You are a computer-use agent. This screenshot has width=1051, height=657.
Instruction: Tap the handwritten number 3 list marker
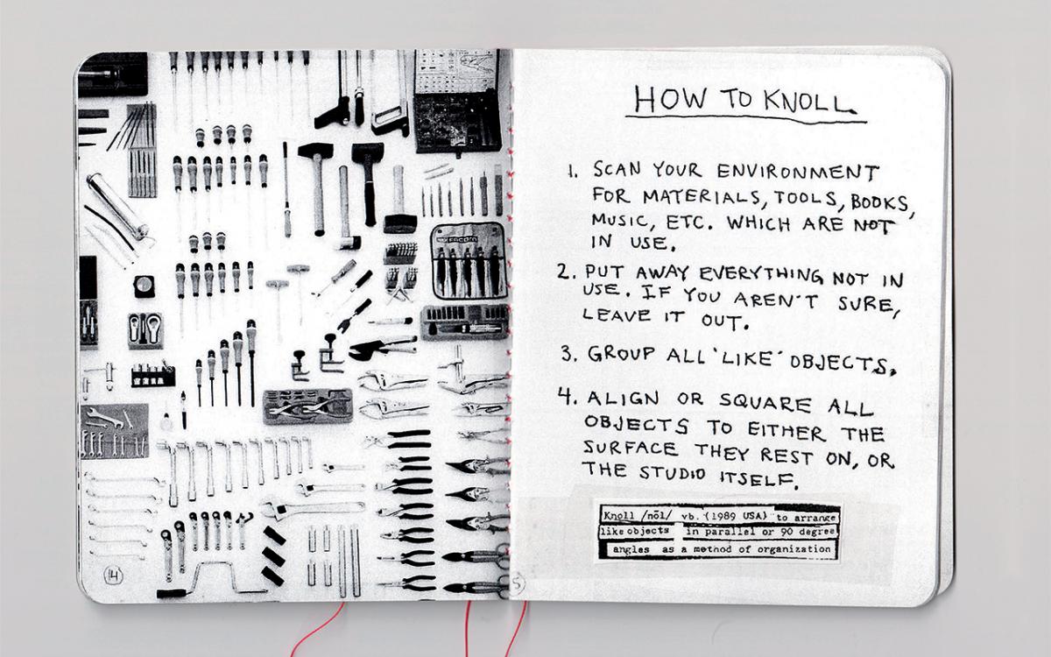coord(568,355)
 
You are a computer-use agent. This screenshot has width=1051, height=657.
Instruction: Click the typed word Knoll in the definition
coord(617,516)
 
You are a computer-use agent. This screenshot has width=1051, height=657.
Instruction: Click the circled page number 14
coord(113,575)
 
